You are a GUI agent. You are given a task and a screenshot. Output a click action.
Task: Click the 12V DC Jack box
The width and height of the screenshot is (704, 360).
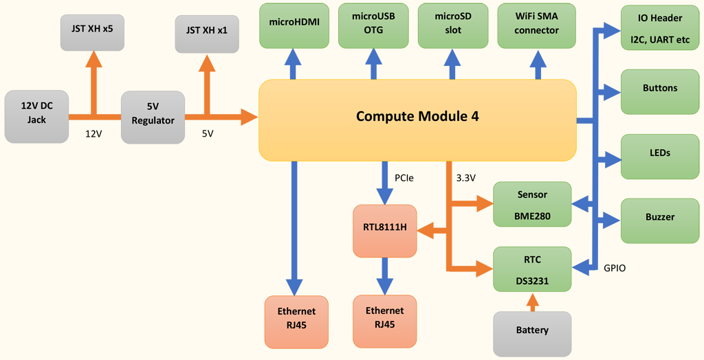pyautogui.click(x=36, y=113)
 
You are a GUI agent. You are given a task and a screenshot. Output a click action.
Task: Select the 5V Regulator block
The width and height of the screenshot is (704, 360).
pyautogui.click(x=153, y=114)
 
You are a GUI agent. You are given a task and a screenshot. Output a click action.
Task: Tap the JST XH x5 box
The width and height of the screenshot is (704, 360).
pyautogui.click(x=92, y=30)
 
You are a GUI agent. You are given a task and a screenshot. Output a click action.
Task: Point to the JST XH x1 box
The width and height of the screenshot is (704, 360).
pyautogui.click(x=206, y=31)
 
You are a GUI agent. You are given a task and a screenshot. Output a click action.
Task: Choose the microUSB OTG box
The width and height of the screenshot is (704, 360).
pyautogui.click(x=374, y=25)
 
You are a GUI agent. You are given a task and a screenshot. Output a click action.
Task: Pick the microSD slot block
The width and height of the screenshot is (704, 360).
pyautogui.click(x=453, y=25)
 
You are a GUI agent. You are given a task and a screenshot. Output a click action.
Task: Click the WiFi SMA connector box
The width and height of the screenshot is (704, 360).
pyautogui.click(x=536, y=25)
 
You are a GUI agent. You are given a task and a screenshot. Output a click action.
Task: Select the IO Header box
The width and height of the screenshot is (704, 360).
pyautogui.click(x=659, y=30)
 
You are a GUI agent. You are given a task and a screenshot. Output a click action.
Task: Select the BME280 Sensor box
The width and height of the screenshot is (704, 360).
pyautogui.click(x=533, y=205)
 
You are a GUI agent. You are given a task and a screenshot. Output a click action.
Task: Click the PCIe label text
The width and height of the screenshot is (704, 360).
pyautogui.click(x=404, y=179)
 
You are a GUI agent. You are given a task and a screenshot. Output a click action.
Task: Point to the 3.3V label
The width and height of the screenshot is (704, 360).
pyautogui.click(x=465, y=179)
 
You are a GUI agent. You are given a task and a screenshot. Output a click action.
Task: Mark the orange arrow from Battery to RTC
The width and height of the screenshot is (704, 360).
pyautogui.click(x=532, y=302)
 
